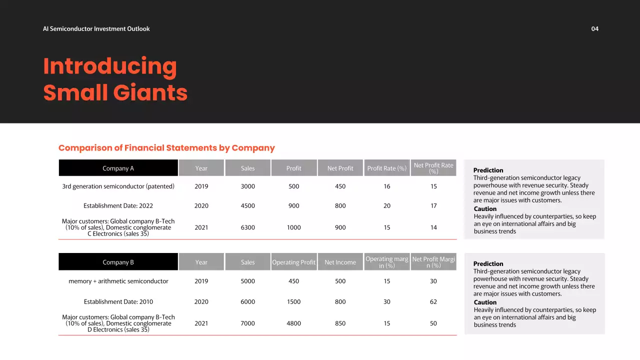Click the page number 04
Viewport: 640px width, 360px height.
pos(594,29)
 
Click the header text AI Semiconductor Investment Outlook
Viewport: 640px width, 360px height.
pos(96,29)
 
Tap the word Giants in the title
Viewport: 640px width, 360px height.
pos(150,93)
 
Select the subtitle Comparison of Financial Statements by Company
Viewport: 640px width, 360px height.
pos(166,148)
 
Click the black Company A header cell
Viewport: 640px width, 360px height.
pos(118,168)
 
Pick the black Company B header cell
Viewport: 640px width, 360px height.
pos(118,262)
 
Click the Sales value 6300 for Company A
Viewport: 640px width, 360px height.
pos(247,227)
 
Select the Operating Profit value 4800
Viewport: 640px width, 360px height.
pos(294,323)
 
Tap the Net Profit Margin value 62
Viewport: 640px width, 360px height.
pos(433,302)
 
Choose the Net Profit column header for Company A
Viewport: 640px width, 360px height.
pos(340,168)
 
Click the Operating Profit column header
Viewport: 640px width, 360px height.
pos(294,262)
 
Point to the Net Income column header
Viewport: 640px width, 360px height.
pos(340,262)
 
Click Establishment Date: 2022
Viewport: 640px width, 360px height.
pos(118,206)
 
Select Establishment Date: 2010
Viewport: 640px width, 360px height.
pos(118,302)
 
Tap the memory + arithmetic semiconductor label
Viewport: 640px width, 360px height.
pos(118,281)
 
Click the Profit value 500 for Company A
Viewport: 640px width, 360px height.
pos(294,186)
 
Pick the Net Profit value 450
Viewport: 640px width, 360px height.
pos(340,186)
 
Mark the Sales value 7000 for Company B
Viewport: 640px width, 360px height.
pos(247,323)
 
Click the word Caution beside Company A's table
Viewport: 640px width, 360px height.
pos(485,209)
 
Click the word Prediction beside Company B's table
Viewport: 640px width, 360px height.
pos(488,264)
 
